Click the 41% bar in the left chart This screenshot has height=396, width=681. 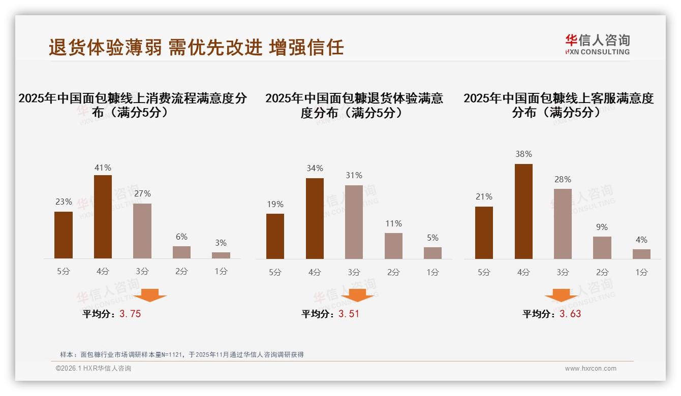click(x=103, y=217)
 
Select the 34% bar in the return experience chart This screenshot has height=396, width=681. click(x=315, y=218)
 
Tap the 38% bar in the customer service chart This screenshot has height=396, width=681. click(x=523, y=211)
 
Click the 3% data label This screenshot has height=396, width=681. click(x=221, y=243)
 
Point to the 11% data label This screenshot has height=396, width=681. click(x=393, y=224)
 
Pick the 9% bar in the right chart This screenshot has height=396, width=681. click(x=602, y=248)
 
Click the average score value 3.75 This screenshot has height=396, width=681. click(x=130, y=314)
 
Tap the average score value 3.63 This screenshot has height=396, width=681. click(x=570, y=314)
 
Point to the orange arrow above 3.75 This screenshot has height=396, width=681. click(x=150, y=295)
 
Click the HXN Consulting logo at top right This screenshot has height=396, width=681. click(x=597, y=44)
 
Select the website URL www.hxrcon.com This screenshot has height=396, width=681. click(x=591, y=369)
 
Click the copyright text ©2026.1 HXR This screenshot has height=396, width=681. click(x=94, y=369)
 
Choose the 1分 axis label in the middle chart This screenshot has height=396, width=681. click(x=433, y=273)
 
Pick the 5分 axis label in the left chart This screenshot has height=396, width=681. click(x=64, y=272)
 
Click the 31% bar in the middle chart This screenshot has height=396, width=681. click(x=354, y=222)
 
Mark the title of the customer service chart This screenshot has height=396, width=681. click(x=558, y=105)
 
